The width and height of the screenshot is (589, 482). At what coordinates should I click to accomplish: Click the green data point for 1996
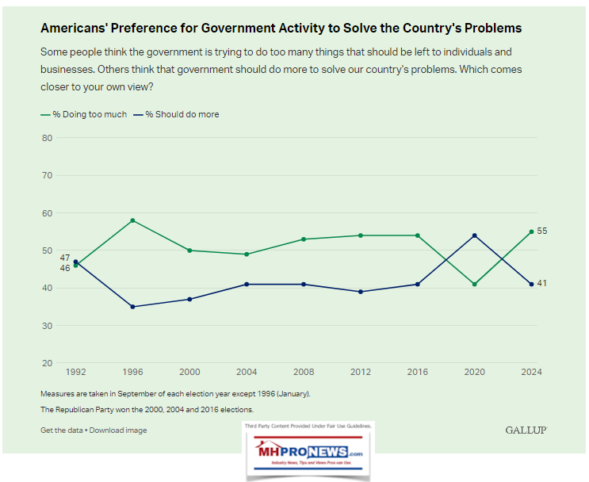132,220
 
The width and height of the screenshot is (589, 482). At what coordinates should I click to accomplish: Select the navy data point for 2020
474,235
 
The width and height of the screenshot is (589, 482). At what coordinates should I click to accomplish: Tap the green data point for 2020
474,284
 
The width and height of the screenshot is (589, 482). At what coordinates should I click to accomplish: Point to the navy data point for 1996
132,307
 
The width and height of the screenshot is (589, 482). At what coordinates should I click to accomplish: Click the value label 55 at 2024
542,231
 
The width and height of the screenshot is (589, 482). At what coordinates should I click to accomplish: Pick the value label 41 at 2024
542,284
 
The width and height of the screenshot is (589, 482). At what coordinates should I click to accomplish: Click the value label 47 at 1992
65,258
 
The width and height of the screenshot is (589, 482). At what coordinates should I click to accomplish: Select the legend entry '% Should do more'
179,114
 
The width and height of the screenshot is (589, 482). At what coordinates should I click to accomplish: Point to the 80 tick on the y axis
48,138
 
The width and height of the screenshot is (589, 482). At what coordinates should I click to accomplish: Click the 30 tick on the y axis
48,326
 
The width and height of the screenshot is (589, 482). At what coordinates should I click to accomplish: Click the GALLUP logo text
526,430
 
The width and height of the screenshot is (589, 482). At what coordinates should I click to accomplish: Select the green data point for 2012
360,235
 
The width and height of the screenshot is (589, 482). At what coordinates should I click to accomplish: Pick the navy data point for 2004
247,284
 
